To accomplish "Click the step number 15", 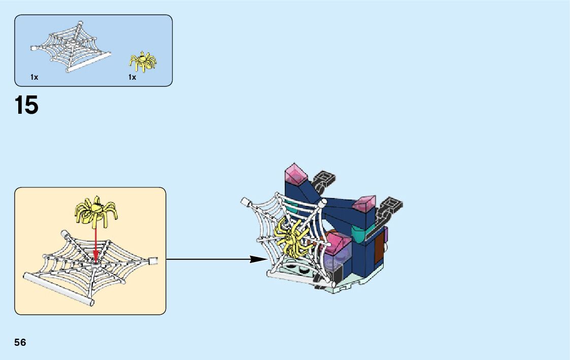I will click(26, 106).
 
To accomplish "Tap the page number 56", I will click(20, 342).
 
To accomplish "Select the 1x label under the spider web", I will click(34, 77).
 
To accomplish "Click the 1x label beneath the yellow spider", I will click(132, 77).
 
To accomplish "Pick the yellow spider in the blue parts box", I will click(143, 61).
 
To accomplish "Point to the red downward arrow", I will click(96, 244).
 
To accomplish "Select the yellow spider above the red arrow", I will click(96, 210).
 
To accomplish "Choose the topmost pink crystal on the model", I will click(296, 174).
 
